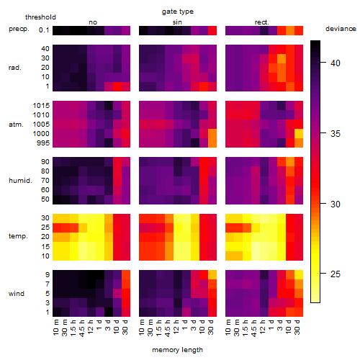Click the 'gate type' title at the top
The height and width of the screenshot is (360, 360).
(178, 12)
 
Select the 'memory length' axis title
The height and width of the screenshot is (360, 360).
(177, 350)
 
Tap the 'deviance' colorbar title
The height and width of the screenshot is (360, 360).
(341, 29)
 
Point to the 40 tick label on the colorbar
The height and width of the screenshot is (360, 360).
(336, 63)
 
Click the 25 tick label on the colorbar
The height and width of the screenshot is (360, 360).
(336, 274)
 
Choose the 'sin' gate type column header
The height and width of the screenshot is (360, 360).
(177, 22)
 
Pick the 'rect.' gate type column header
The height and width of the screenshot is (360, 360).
(262, 22)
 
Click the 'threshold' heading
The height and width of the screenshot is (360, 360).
(40, 17)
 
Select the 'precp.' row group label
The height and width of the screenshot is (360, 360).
(19, 29)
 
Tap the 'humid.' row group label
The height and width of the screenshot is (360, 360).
(20, 181)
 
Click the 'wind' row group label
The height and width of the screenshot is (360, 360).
(17, 294)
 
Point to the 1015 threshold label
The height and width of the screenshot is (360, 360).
(41, 106)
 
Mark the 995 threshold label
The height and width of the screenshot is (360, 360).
(43, 143)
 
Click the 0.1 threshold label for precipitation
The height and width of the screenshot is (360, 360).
(44, 30)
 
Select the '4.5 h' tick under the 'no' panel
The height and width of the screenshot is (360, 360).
(82, 328)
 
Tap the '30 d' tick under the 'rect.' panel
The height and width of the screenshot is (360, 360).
(297, 327)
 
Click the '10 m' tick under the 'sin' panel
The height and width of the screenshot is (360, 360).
(143, 328)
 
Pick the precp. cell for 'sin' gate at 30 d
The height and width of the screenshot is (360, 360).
(212, 30)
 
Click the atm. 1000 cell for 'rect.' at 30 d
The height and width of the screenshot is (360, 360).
(299, 134)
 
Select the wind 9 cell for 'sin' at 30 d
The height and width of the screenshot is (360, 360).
(212, 274)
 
